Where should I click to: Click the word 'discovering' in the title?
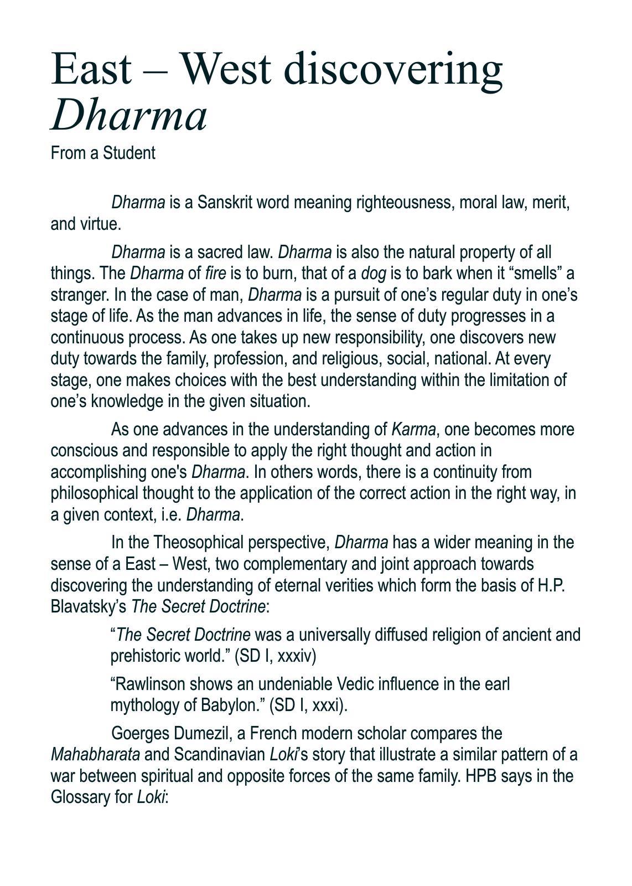pos(396,69)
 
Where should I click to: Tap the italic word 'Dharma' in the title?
pos(129,116)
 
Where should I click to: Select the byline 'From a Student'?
pos(103,153)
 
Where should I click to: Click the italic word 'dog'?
pos(374,274)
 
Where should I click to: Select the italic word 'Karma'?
pos(413,429)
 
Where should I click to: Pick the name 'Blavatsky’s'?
pos(89,607)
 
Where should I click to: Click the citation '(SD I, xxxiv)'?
pos(275,656)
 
